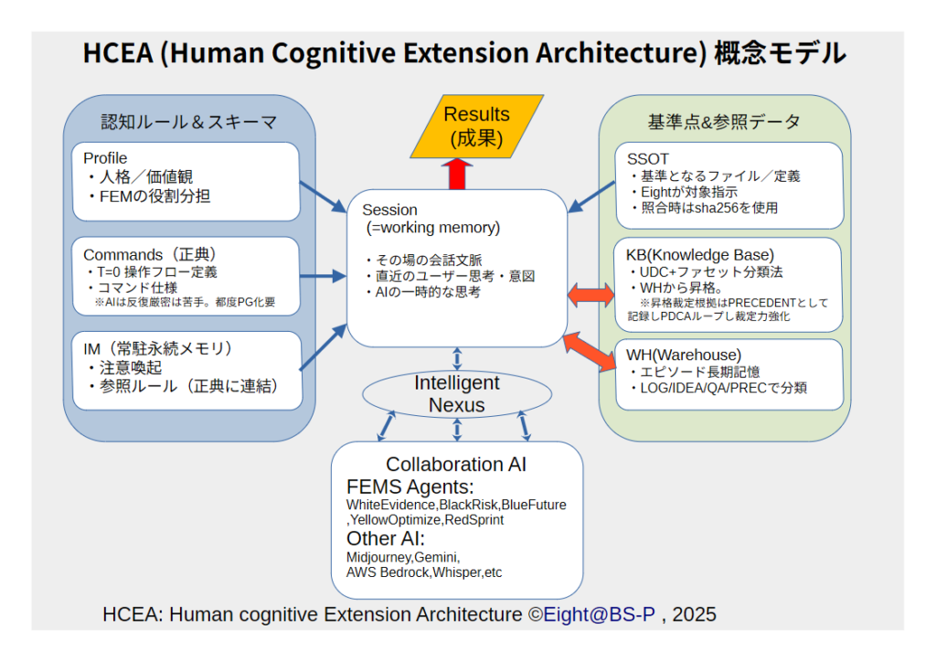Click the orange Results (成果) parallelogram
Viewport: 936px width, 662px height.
[476, 126]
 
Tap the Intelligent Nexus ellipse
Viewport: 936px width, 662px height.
[457, 394]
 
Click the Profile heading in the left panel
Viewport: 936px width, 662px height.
[105, 158]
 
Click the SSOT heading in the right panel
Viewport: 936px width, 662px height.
[648, 159]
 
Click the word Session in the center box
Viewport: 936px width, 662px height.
[389, 209]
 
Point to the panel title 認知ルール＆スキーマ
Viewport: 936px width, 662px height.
[188, 122]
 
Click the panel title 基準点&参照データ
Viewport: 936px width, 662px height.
[724, 122]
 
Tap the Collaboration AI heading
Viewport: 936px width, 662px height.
[456, 464]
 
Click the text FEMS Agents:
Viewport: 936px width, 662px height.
[409, 486]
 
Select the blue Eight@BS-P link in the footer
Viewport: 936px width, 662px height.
[600, 614]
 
